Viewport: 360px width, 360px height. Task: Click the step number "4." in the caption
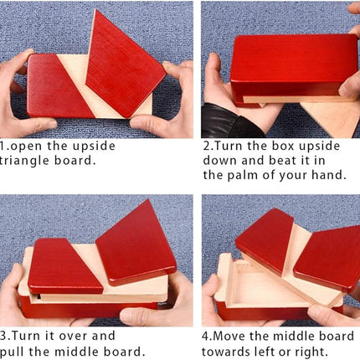click(x=208, y=334)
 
